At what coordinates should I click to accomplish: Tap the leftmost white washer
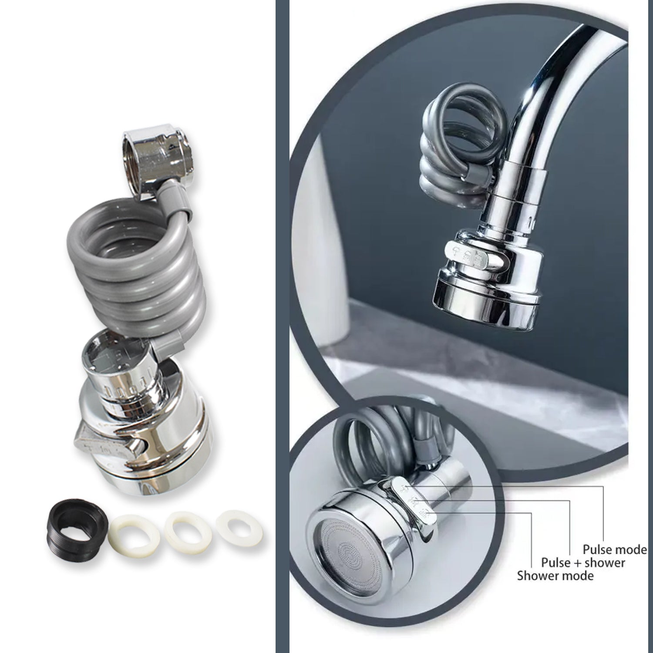(130, 532)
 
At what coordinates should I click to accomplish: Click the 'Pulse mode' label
(615, 549)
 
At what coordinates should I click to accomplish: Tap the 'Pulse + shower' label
(583, 562)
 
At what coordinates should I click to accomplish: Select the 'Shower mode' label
(555, 576)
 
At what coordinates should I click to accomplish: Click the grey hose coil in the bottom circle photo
(370, 440)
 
